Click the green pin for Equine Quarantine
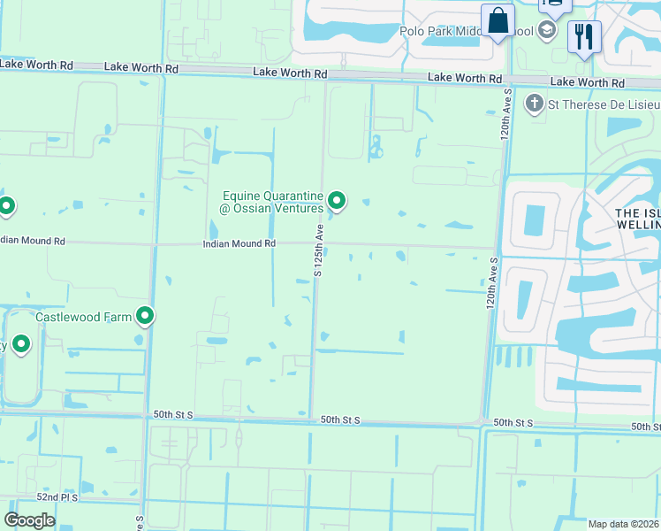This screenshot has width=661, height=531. pyautogui.click(x=336, y=201)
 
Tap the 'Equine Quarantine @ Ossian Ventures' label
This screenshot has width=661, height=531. pyautogui.click(x=271, y=202)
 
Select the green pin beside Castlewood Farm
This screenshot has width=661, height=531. pyautogui.click(x=145, y=315)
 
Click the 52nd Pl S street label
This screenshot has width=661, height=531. pyautogui.click(x=52, y=497)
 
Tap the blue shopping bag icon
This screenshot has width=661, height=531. pyautogui.click(x=498, y=20)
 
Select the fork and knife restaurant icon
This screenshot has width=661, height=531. pyautogui.click(x=584, y=36)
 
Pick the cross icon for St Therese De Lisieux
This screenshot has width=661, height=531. pyautogui.click(x=534, y=104)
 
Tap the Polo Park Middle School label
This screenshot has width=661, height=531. pyautogui.click(x=464, y=31)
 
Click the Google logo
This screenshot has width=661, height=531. pyautogui.click(x=29, y=519)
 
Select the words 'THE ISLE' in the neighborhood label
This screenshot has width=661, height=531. pyautogui.click(x=637, y=212)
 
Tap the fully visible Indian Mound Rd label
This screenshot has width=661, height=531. pyautogui.click(x=239, y=243)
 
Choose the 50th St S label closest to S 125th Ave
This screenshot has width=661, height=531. pyautogui.click(x=340, y=420)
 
